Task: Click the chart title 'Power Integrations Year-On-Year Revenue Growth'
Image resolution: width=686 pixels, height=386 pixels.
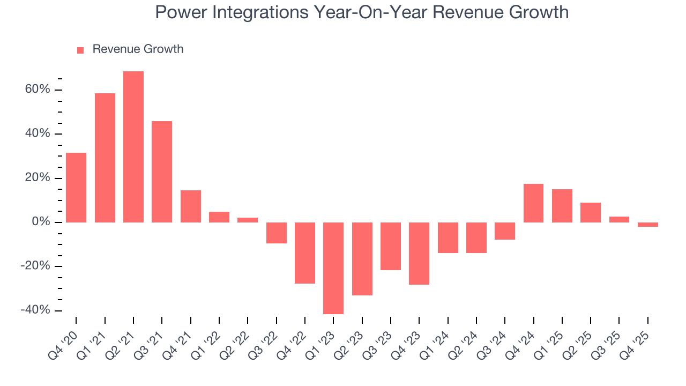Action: tap(362, 12)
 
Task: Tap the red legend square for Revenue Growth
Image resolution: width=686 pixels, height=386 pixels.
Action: tap(80, 50)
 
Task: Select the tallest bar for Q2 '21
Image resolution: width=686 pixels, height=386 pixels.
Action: tap(133, 146)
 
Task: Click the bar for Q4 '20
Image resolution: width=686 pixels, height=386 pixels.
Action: tap(76, 187)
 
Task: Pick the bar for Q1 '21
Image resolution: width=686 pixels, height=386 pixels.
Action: tap(105, 158)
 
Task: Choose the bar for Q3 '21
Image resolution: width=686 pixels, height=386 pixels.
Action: tap(162, 172)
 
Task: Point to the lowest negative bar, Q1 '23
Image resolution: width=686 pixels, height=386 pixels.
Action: tap(333, 268)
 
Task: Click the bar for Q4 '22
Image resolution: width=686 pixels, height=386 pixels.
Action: tap(305, 253)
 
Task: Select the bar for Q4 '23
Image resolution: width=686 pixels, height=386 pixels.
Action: tap(419, 253)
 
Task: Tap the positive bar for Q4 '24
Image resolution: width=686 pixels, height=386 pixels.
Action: tap(533, 203)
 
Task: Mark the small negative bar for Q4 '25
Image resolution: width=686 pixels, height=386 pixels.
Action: tap(647, 225)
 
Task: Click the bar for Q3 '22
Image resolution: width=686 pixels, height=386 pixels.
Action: tap(277, 233)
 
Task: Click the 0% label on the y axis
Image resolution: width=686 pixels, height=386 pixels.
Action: tap(40, 222)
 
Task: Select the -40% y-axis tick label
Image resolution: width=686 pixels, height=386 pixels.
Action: tap(35, 310)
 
